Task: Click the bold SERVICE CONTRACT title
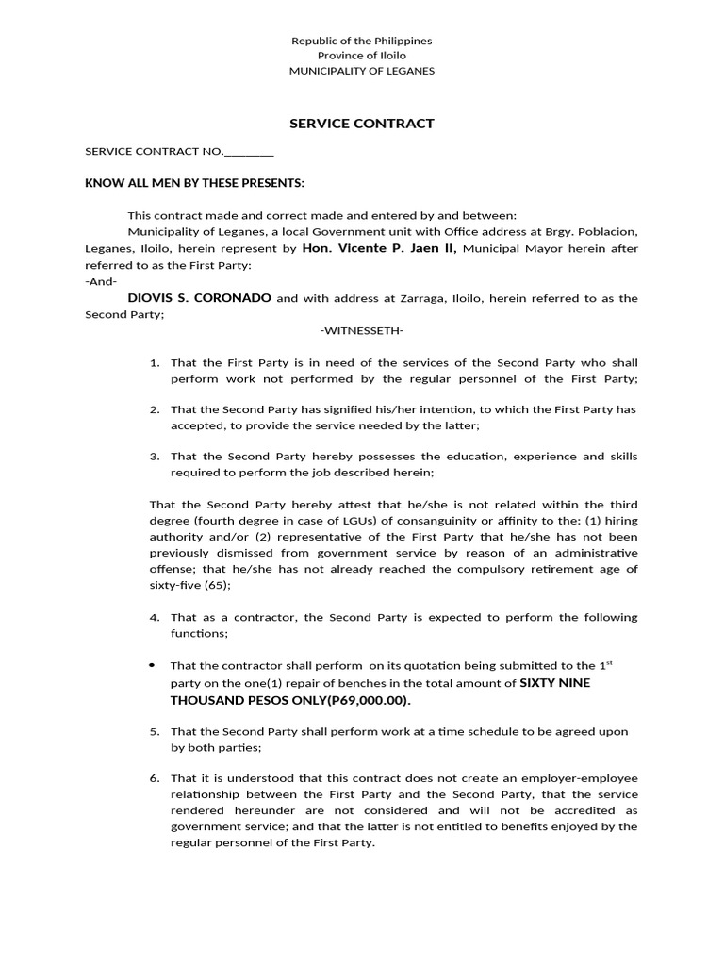pos(361,124)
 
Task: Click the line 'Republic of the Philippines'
pos(362,42)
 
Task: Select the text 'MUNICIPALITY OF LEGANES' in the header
pos(362,72)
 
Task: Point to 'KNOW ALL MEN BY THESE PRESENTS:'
pos(195,182)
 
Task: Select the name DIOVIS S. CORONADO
pos(200,298)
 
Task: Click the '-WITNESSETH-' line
pos(362,330)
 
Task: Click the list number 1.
pos(155,362)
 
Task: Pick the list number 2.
pos(155,409)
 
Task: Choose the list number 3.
pos(155,457)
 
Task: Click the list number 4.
pos(155,617)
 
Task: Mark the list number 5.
pos(155,731)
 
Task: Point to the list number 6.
pos(155,778)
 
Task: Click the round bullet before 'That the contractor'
pos(153,665)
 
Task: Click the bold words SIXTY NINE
pos(555,683)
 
